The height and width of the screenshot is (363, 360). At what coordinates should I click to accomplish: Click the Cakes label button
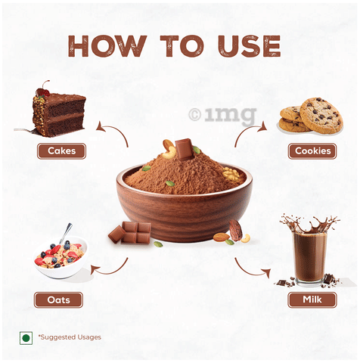click(x=61, y=151)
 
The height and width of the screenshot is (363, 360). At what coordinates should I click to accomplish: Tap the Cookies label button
click(x=312, y=151)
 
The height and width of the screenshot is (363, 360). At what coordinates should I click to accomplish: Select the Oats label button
click(x=58, y=300)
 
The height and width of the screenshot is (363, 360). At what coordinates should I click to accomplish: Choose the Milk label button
click(x=312, y=299)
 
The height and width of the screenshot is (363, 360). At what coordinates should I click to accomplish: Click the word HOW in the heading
click(x=107, y=46)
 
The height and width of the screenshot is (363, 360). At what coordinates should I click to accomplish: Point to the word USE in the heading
click(x=249, y=46)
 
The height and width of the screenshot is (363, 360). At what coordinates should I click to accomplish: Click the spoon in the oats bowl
click(x=66, y=233)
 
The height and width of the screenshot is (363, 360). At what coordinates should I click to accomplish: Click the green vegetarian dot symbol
click(x=26, y=338)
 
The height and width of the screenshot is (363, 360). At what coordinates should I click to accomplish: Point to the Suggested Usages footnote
click(x=70, y=337)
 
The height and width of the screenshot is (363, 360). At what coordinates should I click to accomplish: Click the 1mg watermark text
click(x=223, y=115)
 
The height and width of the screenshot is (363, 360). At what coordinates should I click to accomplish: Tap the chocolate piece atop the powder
click(x=185, y=149)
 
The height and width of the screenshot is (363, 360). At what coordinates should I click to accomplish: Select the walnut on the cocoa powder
click(x=231, y=174)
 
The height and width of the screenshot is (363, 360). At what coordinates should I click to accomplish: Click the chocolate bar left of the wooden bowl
click(x=130, y=233)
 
